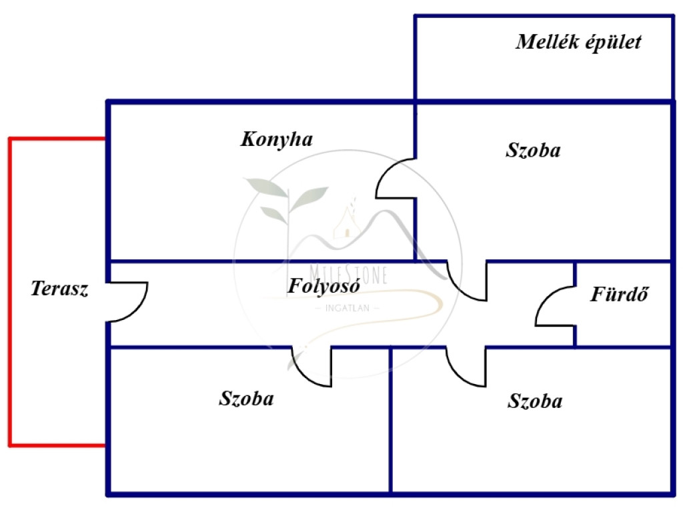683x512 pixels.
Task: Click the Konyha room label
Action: (x=277, y=140)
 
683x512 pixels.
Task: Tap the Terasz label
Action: (x=59, y=289)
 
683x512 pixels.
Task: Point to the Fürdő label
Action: (x=620, y=294)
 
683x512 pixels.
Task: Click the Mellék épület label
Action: (x=578, y=42)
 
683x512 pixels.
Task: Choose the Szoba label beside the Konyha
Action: (x=533, y=150)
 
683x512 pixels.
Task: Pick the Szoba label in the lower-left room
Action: (x=246, y=399)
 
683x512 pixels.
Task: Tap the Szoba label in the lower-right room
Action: (x=535, y=401)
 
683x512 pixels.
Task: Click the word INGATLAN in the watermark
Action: (x=347, y=308)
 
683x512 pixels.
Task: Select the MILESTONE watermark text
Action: (x=348, y=274)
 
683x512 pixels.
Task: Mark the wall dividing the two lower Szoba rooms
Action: (x=390, y=420)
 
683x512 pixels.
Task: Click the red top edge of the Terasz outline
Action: (x=57, y=139)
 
